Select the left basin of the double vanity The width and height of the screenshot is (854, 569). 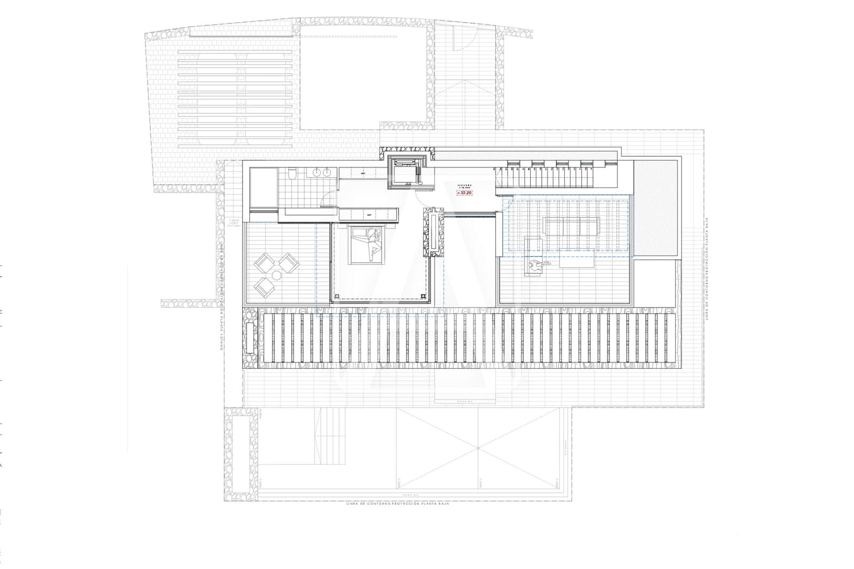(317, 172)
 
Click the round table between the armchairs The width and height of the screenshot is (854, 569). (276, 275)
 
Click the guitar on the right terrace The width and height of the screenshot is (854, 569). (535, 265)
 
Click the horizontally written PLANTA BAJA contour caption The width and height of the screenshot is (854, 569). (398, 503)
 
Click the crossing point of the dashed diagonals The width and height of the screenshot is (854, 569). (478, 450)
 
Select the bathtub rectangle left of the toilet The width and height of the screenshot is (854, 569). (263, 187)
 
